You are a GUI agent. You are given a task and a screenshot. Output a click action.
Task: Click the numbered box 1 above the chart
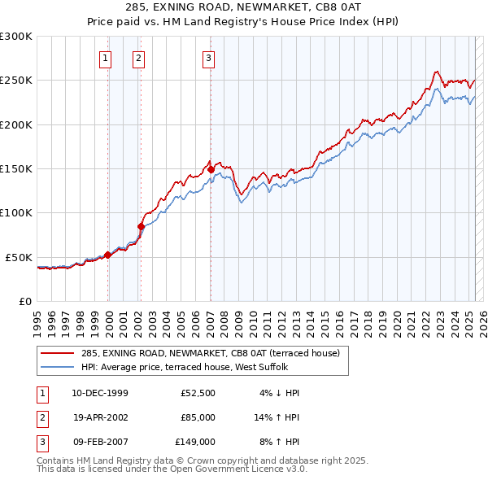(107, 58)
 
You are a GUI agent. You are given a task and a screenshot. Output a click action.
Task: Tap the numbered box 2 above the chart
(139, 58)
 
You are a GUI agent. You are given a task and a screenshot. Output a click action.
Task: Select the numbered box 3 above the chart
(209, 58)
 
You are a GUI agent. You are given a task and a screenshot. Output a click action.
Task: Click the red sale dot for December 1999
(108, 255)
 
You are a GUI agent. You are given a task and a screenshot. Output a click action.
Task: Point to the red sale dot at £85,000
(141, 226)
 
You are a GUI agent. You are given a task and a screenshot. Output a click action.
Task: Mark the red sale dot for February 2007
(211, 169)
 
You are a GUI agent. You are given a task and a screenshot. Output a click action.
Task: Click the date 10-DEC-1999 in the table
(99, 393)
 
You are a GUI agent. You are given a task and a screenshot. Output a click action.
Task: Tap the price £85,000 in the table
(198, 417)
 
